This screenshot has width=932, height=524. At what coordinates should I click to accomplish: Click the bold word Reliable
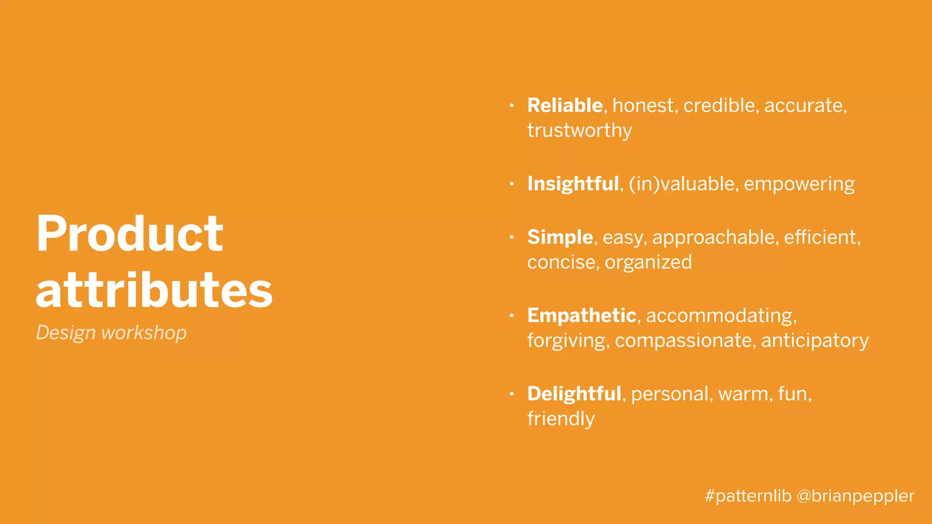point(565,106)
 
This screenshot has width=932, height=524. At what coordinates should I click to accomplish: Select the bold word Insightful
point(573,184)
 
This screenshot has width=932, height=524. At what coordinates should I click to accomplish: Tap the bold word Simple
point(560,237)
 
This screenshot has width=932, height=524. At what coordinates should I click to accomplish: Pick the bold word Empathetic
point(582,315)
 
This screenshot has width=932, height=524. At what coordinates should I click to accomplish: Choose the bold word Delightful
point(574,394)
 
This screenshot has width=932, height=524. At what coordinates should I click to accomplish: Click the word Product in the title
point(130,234)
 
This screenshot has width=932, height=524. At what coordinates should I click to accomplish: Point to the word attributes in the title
point(154,290)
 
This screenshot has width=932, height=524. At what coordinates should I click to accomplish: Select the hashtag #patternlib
point(748,496)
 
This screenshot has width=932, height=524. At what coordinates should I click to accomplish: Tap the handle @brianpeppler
point(855,496)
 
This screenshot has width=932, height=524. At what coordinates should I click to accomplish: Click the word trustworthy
point(579,131)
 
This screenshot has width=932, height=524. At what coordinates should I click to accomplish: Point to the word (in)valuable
point(683,184)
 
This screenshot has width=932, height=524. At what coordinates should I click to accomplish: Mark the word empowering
point(799,184)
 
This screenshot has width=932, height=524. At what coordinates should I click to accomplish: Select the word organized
point(648,262)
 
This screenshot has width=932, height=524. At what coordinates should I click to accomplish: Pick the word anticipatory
point(815,341)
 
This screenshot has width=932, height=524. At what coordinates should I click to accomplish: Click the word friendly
point(561,419)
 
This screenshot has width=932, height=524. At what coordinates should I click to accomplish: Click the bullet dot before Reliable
point(512,106)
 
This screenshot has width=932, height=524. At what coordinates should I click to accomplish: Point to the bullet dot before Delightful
point(512,394)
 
